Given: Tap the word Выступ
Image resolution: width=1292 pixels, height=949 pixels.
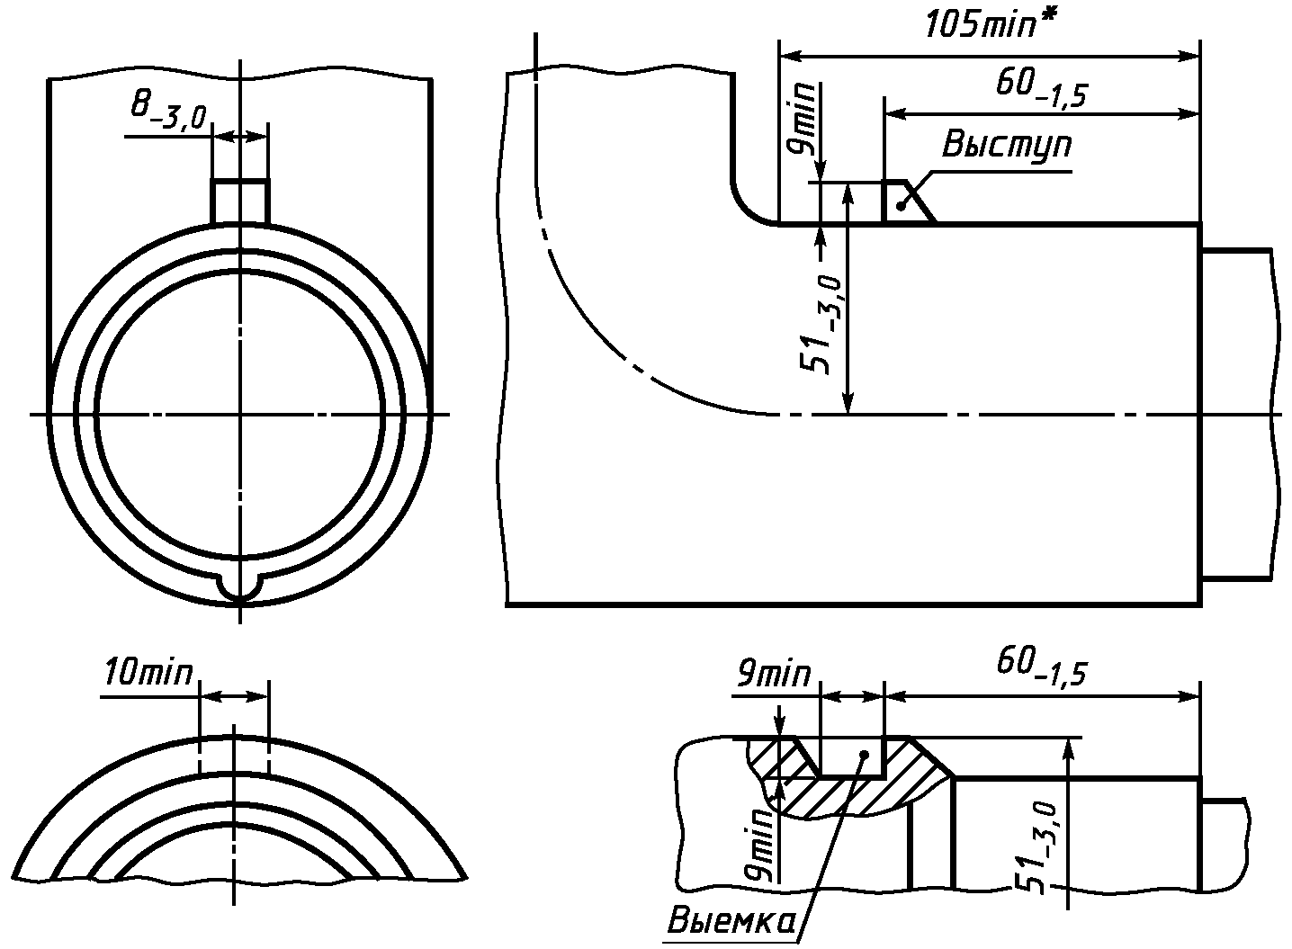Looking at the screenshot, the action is click(x=1007, y=145).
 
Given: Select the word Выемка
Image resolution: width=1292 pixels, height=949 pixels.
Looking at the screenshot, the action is click(x=731, y=920).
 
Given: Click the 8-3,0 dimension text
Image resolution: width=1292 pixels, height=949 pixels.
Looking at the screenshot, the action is click(x=168, y=112).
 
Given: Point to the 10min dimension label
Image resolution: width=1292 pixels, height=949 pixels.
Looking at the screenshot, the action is click(x=148, y=672).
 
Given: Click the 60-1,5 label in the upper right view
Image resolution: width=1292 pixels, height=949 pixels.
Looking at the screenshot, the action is click(x=1041, y=88).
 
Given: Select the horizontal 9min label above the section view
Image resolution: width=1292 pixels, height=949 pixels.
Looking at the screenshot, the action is click(x=773, y=674).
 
